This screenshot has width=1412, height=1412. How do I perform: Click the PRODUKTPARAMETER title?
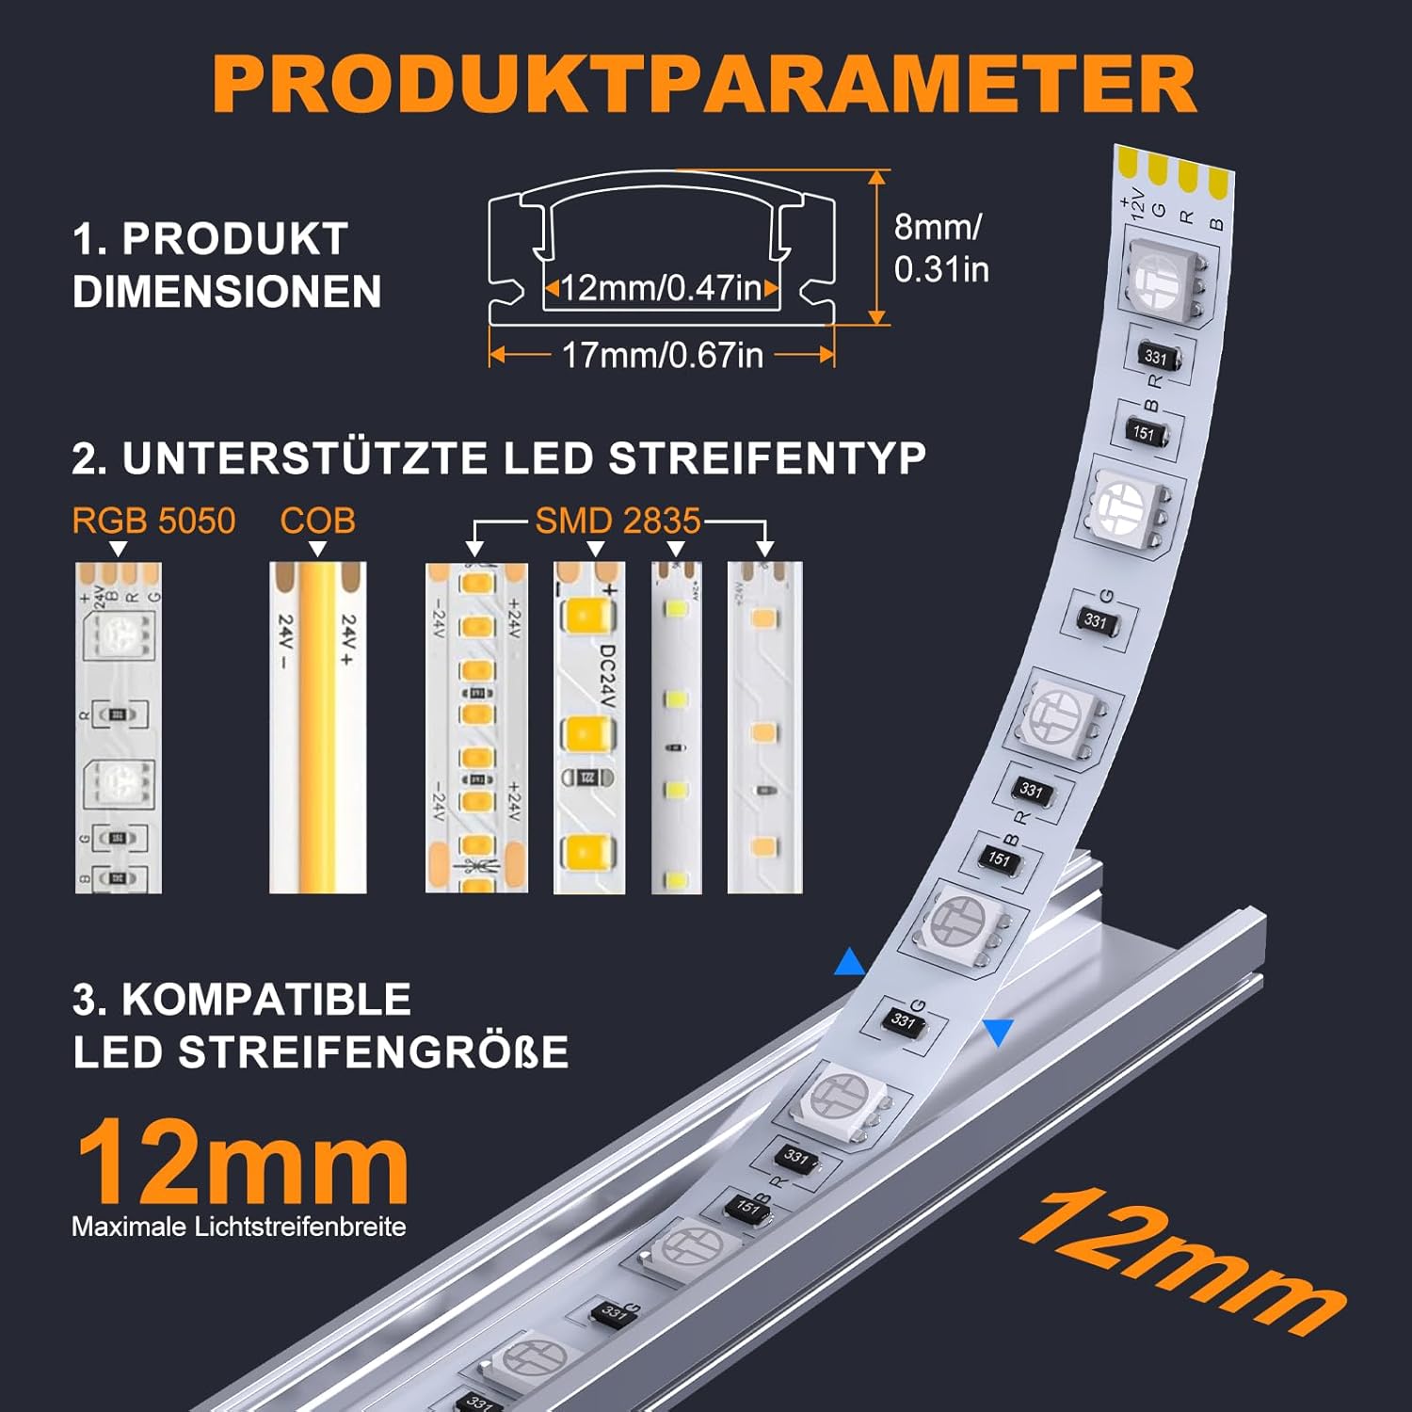pyautogui.click(x=704, y=85)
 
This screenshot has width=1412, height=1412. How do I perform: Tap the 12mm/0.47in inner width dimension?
pyautogui.click(x=662, y=288)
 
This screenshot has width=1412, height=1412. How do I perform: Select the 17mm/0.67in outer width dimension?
pyautogui.click(x=662, y=355)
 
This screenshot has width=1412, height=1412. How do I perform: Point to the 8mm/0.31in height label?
pyautogui.click(x=939, y=248)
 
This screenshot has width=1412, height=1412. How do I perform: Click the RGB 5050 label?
pyautogui.click(x=153, y=521)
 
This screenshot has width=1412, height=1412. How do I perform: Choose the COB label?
pyautogui.click(x=317, y=521)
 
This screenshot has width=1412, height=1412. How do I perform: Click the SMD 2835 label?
pyautogui.click(x=618, y=521)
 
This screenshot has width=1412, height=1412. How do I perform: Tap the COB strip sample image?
pyautogui.click(x=317, y=728)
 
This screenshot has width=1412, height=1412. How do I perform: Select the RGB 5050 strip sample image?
pyautogui.click(x=119, y=728)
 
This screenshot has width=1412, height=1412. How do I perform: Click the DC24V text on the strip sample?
pyautogui.click(x=607, y=673)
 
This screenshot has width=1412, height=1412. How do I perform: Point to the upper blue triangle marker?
pyautogui.click(x=849, y=963)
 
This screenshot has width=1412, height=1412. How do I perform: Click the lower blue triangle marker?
pyautogui.click(x=999, y=1032)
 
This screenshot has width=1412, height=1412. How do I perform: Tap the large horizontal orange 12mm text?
pyautogui.click(x=242, y=1163)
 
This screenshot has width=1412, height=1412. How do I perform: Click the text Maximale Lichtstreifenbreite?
pyautogui.click(x=239, y=1227)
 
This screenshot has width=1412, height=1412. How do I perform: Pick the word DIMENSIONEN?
pyautogui.click(x=227, y=291)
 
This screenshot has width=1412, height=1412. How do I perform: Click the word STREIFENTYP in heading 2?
pyautogui.click(x=767, y=458)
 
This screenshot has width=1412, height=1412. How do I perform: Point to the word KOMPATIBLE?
pyautogui.click(x=266, y=1000)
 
